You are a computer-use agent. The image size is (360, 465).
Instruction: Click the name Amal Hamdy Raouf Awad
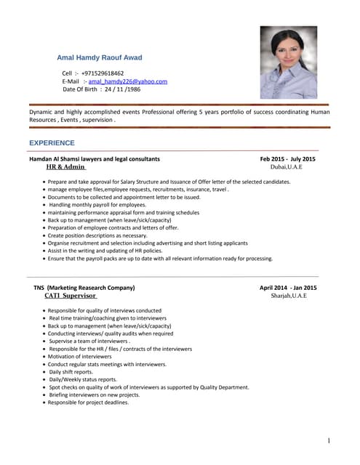tap(100, 57)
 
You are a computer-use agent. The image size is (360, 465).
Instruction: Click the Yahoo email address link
tap(128, 81)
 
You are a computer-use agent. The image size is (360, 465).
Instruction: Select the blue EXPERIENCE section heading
tap(52, 143)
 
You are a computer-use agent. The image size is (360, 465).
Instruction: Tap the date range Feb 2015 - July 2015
tap(288, 158)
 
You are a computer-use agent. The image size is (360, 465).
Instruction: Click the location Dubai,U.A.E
tap(286, 166)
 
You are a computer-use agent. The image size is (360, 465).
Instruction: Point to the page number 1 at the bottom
tap(329, 441)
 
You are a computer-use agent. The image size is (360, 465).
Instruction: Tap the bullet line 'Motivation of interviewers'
tap(80, 357)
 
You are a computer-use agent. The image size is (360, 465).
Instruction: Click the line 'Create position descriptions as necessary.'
tap(97, 235)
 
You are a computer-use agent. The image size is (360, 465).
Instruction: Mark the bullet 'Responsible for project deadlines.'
tap(88, 403)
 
